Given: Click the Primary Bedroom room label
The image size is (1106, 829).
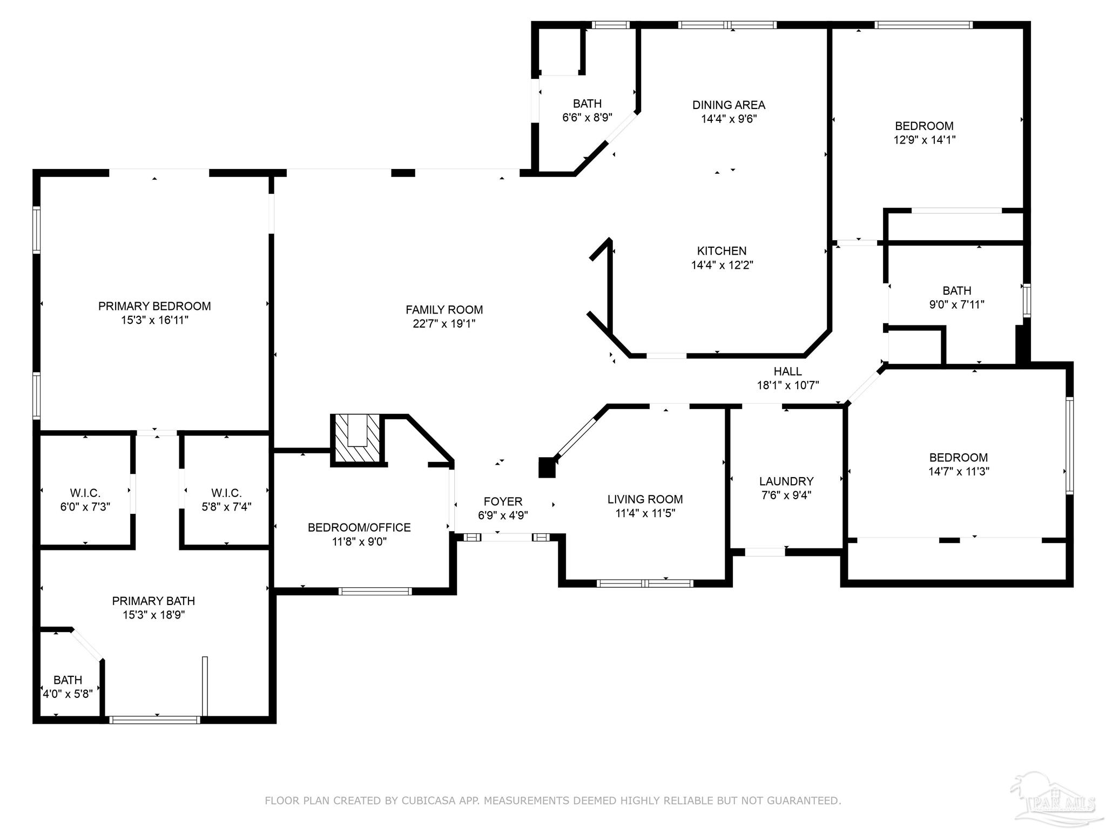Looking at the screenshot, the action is [x=154, y=306].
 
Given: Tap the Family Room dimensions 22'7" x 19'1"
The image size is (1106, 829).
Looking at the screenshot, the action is [x=444, y=324].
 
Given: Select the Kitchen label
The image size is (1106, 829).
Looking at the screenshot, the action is [x=721, y=251].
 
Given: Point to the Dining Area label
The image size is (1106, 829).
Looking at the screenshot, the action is [x=729, y=105].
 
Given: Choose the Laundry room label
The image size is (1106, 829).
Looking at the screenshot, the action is [x=786, y=481].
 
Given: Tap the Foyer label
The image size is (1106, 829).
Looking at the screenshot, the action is [x=503, y=501].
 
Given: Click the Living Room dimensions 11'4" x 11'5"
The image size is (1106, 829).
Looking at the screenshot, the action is [x=645, y=513].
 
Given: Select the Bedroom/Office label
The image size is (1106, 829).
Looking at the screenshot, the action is [x=359, y=527].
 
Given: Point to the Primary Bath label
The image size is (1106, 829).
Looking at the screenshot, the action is [x=153, y=601].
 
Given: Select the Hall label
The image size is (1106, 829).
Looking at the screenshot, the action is [x=788, y=371].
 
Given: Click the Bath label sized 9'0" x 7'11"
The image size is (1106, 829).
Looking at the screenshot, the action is [x=957, y=290].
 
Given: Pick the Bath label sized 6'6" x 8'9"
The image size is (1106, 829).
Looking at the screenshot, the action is [x=588, y=104].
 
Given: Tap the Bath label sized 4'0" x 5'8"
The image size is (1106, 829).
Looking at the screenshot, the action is [x=68, y=680].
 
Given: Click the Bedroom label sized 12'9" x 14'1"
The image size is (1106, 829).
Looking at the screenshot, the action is [x=924, y=126].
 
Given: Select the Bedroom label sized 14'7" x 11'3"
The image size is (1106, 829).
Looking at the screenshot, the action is [x=959, y=458].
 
